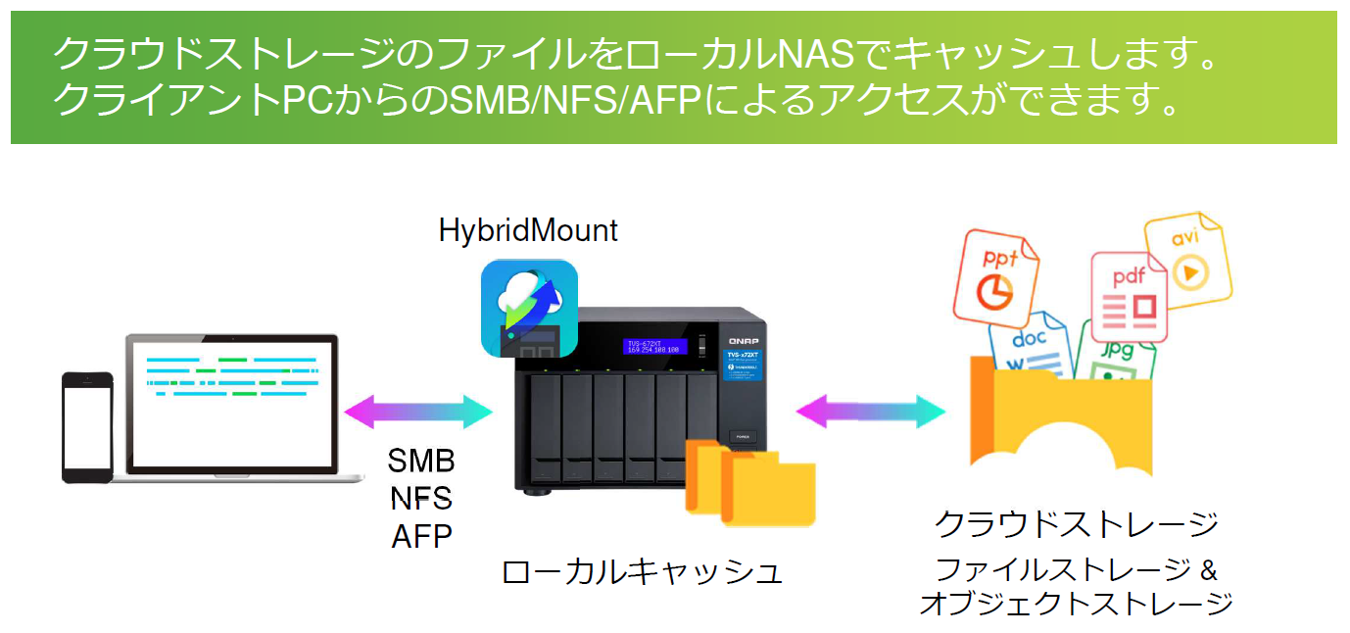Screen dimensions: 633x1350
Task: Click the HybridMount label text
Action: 528,231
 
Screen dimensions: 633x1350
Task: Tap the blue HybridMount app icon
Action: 529,308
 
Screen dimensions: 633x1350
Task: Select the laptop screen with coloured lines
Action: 231,402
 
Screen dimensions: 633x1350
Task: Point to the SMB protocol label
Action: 421,461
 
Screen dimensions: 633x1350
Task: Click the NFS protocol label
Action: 421,498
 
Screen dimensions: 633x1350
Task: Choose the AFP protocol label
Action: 421,536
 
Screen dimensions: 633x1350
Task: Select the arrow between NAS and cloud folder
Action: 871,411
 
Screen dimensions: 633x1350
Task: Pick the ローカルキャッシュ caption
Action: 642,572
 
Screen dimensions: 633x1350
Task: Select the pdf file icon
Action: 1128,295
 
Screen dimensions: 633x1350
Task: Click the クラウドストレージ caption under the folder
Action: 1076,524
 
